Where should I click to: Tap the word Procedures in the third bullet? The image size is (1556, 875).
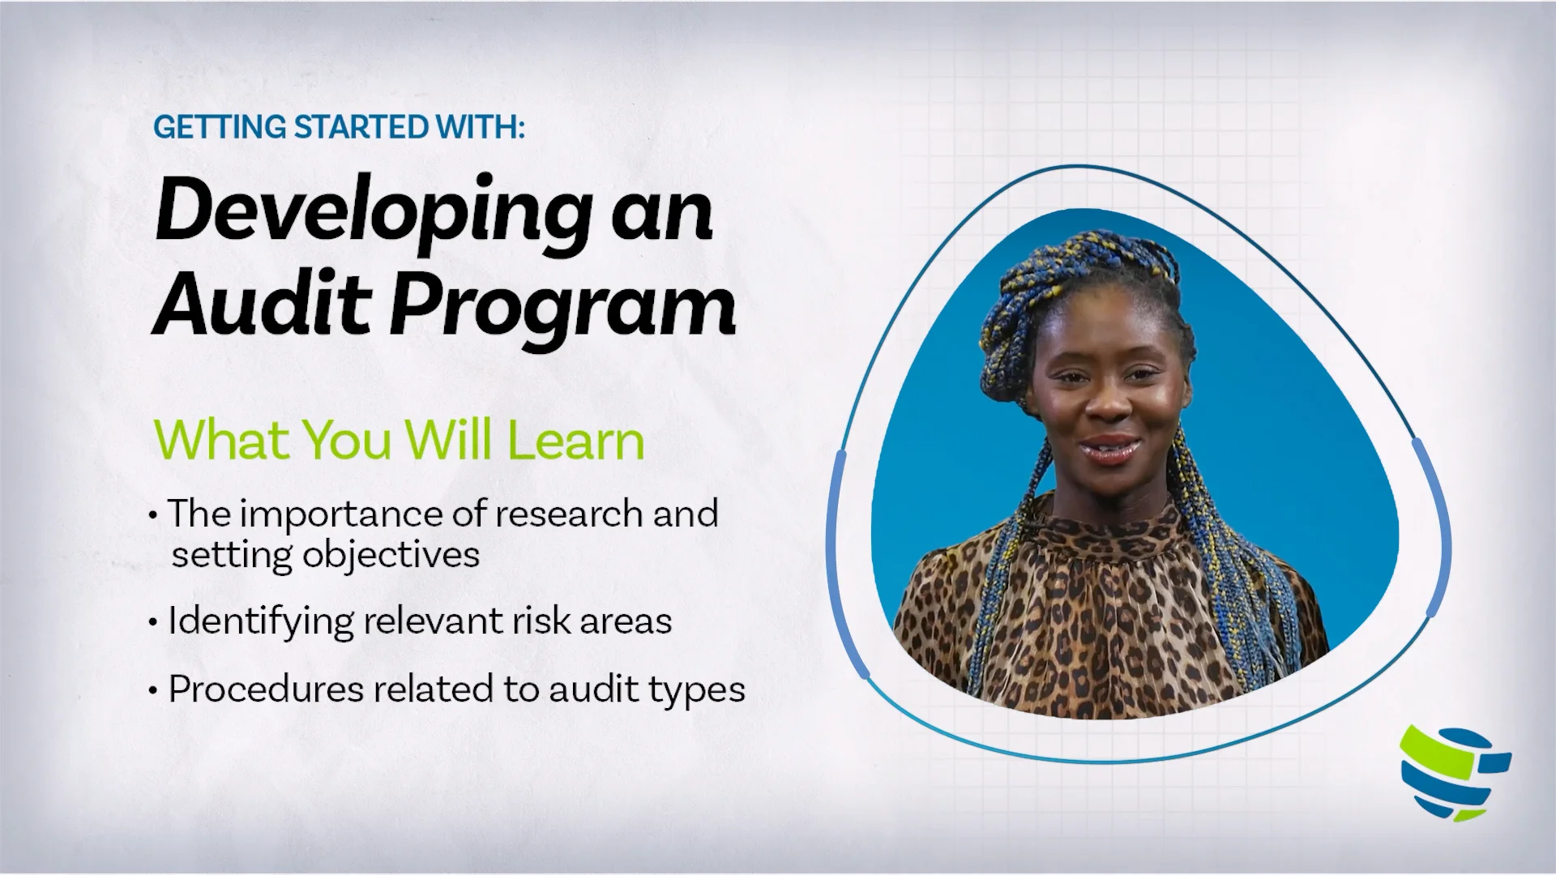(266, 689)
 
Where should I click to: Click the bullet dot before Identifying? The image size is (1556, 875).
(153, 623)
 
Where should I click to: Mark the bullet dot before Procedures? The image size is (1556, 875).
(153, 691)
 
